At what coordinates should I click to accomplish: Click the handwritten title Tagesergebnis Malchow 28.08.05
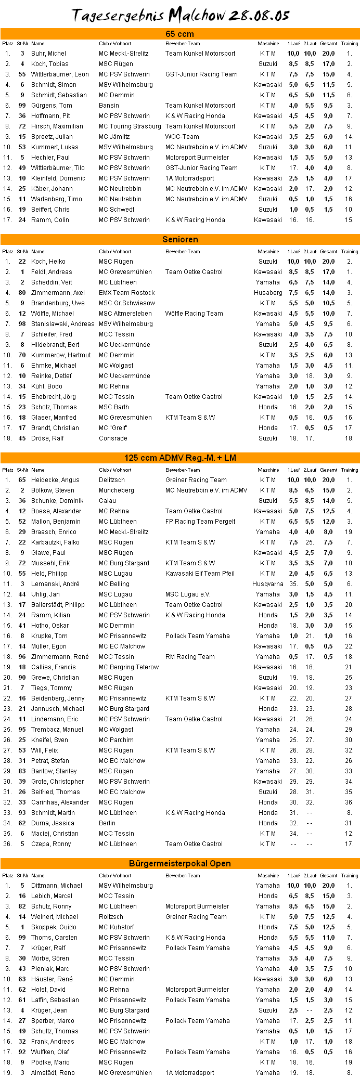(180, 15)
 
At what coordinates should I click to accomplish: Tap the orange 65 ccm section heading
(180, 34)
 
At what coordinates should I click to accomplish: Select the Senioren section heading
(180, 239)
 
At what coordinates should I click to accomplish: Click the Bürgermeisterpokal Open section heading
(180, 863)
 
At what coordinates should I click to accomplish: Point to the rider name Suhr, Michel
(48, 54)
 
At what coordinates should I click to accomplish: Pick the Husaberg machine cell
(268, 293)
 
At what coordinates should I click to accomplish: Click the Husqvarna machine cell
(267, 584)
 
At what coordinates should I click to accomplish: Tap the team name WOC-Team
(182, 137)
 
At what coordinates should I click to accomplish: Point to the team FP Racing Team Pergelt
(200, 522)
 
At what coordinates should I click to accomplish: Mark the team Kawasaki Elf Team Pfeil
(200, 574)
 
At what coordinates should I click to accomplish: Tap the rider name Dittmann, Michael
(57, 886)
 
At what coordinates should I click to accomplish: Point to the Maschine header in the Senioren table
(268, 252)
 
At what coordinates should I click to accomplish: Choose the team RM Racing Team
(190, 657)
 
